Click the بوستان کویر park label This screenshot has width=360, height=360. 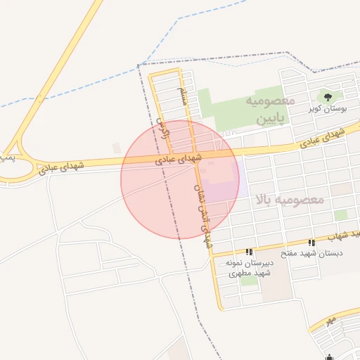pos(325,110)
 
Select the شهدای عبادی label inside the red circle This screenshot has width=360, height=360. pos(179,160)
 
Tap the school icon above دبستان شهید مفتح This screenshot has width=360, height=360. pos(311,243)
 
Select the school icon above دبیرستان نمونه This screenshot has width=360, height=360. pos(249,252)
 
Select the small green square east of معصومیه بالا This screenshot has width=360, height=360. pos(341,215)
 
